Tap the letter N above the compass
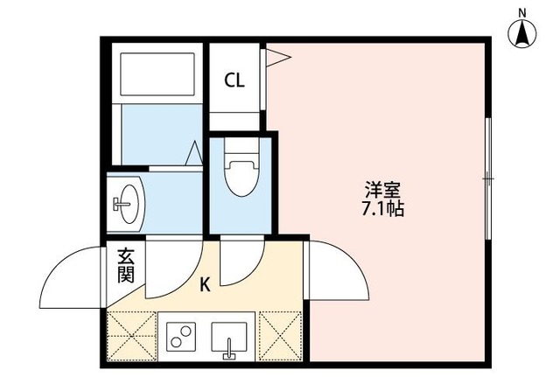tap(522, 11)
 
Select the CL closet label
tap(234, 81)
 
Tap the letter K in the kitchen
tap(205, 284)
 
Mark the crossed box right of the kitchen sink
tap(279, 337)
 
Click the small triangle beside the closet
tap(278, 59)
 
